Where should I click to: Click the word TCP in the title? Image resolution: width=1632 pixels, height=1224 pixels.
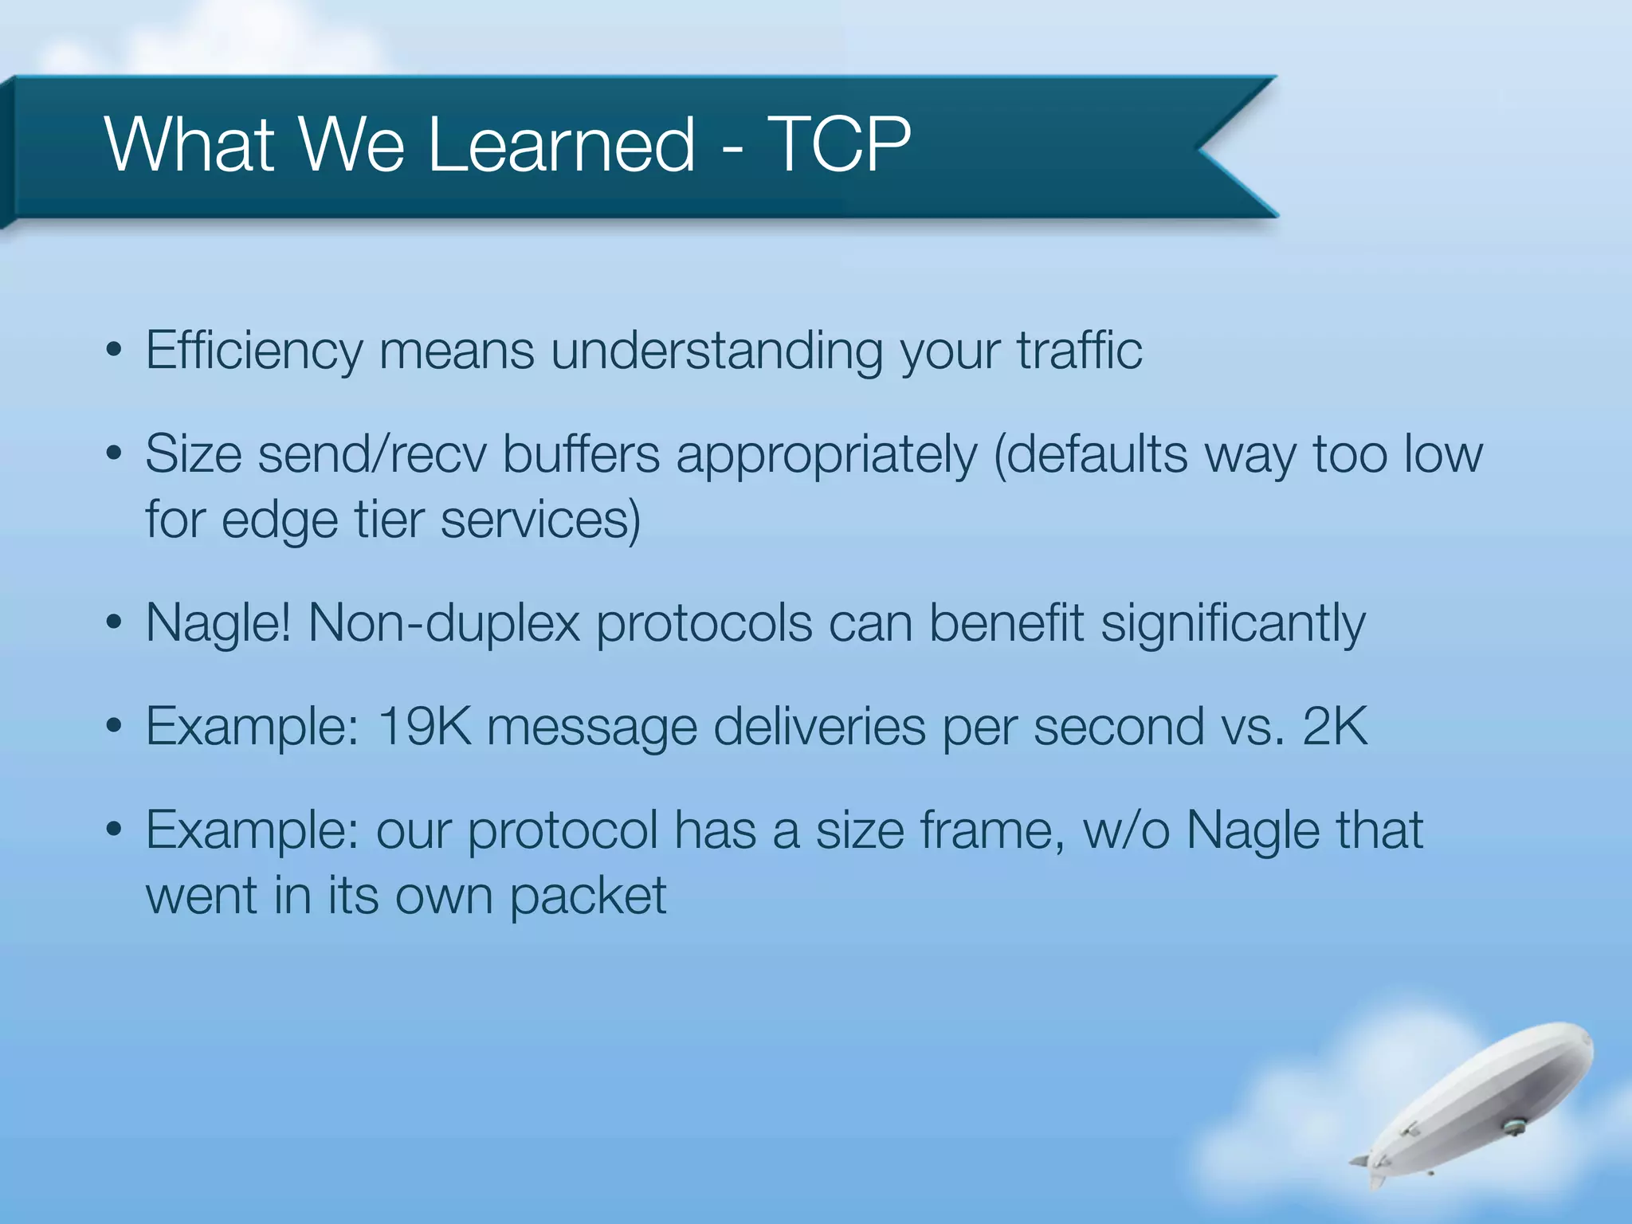pyautogui.click(x=838, y=144)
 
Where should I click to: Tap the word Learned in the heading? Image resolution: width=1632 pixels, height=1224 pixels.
pyautogui.click(x=562, y=144)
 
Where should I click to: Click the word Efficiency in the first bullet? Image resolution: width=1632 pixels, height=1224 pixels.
pyautogui.click(x=253, y=351)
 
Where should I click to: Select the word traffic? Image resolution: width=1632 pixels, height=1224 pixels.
pyautogui.click(x=1079, y=351)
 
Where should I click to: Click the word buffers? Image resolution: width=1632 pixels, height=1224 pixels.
pyautogui.click(x=581, y=454)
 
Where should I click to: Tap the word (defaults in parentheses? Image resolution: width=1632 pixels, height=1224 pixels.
pyautogui.click(x=1090, y=454)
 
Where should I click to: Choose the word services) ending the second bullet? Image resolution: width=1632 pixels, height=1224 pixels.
pyautogui.click(x=540, y=520)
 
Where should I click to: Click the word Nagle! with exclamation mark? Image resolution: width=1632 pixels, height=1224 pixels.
pyautogui.click(x=218, y=622)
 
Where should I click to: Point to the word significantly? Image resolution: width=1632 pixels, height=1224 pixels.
pyautogui.click(x=1233, y=622)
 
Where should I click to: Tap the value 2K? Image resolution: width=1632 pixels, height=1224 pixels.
pyautogui.click(x=1335, y=726)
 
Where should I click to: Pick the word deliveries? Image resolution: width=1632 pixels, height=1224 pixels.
pyautogui.click(x=819, y=726)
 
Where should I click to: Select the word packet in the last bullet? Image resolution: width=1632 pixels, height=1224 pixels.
pyautogui.click(x=587, y=896)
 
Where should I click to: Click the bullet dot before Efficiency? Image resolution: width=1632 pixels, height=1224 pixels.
pyautogui.click(x=114, y=351)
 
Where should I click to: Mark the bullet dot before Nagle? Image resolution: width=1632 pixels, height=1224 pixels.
pyautogui.click(x=114, y=622)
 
